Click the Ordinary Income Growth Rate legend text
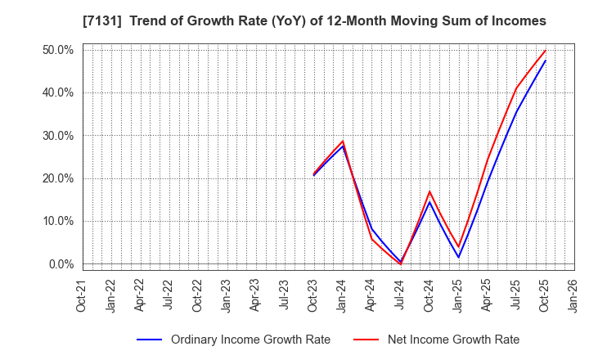pyautogui.click(x=250, y=340)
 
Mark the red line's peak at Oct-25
pyautogui.click(x=545, y=51)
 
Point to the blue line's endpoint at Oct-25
pyautogui.click(x=545, y=61)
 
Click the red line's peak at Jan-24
pyautogui.click(x=343, y=141)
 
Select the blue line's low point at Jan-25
pyautogui.click(x=458, y=258)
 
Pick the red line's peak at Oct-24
pyautogui.click(x=429, y=191)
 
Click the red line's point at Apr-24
pyautogui.click(x=371, y=238)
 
